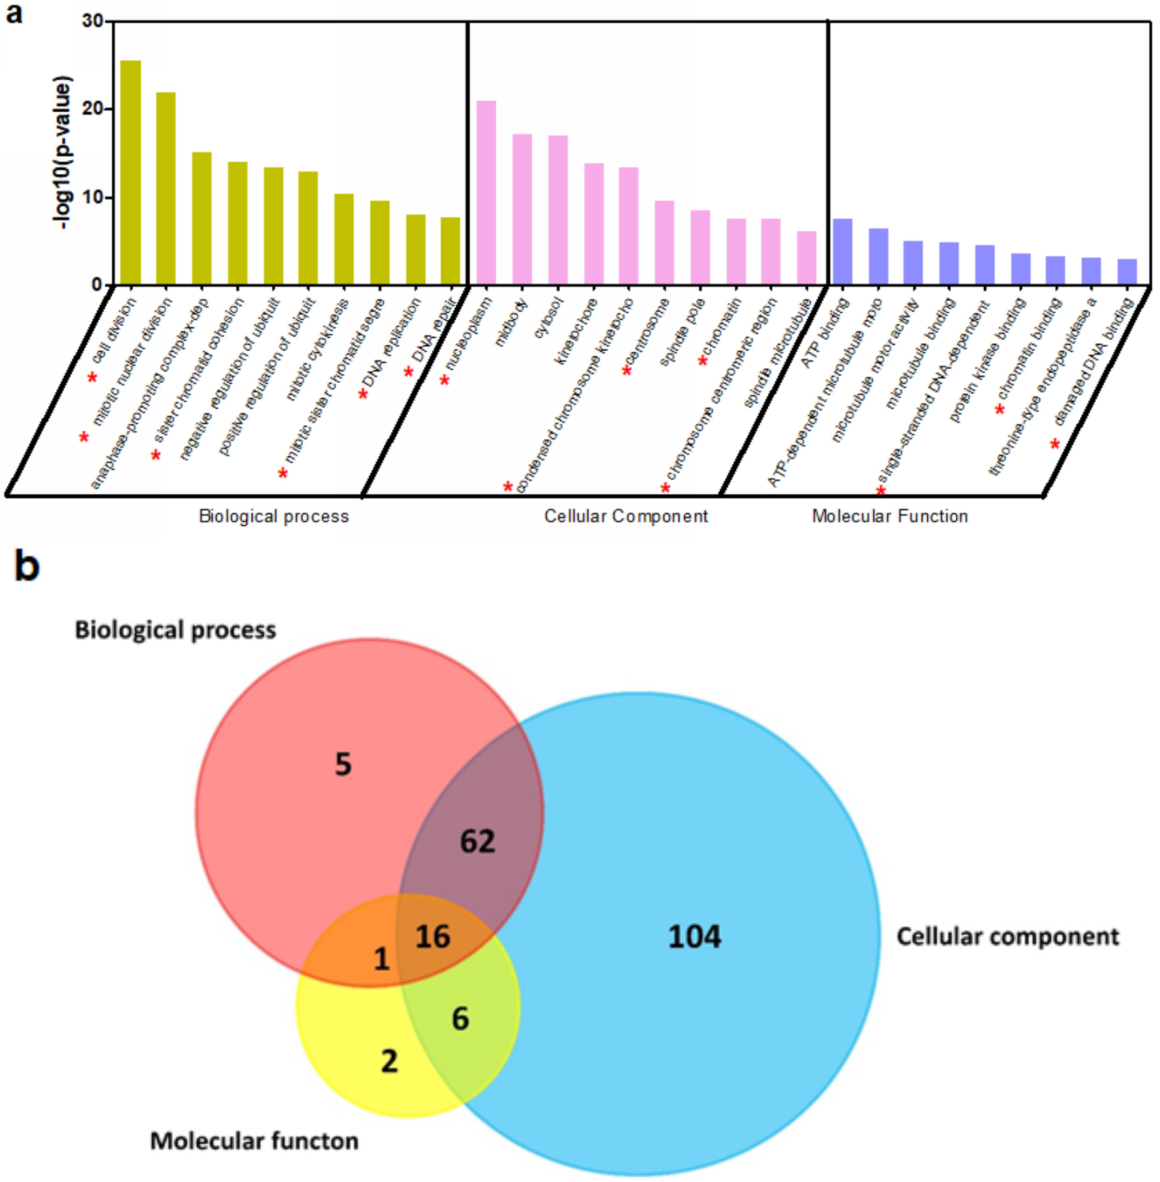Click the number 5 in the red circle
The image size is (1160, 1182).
tap(343, 764)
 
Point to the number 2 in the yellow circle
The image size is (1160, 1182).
tap(389, 1062)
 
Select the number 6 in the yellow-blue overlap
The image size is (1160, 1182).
tap(460, 1018)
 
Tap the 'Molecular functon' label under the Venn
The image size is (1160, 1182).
tap(254, 1141)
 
